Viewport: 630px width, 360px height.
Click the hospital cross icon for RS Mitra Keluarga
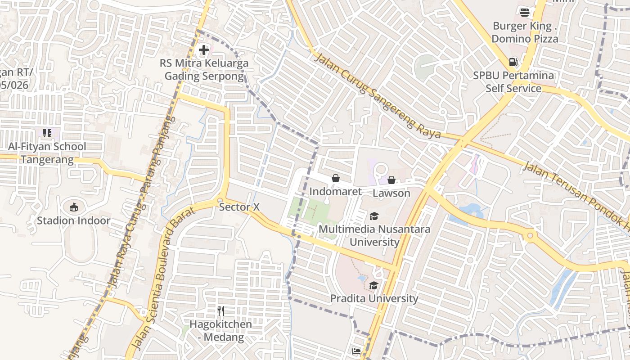(204, 50)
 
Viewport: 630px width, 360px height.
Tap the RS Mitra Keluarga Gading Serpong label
(204, 69)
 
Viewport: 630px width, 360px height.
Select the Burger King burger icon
(524, 12)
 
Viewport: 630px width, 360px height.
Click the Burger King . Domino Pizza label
(525, 32)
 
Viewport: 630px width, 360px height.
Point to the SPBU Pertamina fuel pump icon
(513, 62)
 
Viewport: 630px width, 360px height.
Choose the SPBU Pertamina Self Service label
(513, 82)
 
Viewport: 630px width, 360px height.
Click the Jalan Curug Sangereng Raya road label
(377, 96)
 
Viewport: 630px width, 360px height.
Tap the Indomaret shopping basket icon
(335, 178)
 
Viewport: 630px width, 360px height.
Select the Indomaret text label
(335, 192)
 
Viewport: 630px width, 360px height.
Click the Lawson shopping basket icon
(391, 180)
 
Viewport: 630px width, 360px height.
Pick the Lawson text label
(391, 193)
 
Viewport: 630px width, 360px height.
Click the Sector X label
(239, 207)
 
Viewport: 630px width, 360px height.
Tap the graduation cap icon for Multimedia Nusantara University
(374, 216)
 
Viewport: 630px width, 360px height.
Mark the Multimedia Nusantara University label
(374, 236)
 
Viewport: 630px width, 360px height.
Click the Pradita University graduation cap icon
(373, 285)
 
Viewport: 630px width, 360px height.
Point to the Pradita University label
(374, 298)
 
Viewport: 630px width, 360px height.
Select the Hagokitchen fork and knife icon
(220, 311)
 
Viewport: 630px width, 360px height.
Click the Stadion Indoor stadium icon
(74, 207)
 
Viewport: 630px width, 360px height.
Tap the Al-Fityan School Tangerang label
(47, 153)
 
